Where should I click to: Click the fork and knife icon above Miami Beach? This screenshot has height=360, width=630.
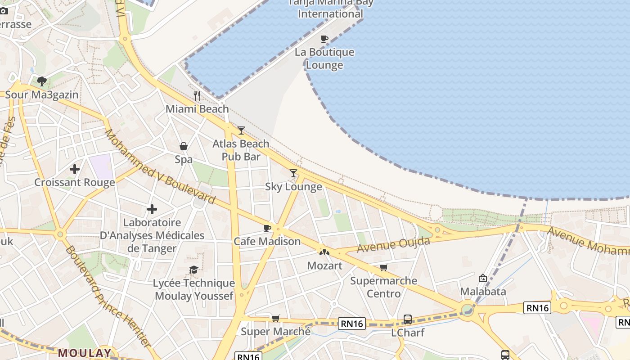coord(197,95)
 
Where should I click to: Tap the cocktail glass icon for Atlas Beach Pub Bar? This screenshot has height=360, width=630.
coord(241,130)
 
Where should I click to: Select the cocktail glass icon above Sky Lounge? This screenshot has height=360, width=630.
coord(293,173)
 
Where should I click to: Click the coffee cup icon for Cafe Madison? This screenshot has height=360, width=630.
coord(267,228)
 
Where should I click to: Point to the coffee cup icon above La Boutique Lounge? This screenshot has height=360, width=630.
coord(324,39)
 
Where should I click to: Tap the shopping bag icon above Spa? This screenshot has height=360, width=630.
coord(184,146)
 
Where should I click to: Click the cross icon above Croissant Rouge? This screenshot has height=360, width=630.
coord(75,169)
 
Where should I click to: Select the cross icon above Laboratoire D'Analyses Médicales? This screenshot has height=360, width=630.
coord(152,209)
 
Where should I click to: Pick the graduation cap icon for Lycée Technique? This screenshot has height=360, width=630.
coord(193,270)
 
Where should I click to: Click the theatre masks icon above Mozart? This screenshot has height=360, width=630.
coord(324,252)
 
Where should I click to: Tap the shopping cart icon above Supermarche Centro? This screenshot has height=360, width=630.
coord(383,268)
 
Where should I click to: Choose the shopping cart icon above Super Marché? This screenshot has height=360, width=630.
coord(275,319)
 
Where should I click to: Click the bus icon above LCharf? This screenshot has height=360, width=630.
coord(408,319)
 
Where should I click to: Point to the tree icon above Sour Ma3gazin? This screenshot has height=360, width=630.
coord(42,81)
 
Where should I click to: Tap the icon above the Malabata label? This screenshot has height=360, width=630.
coord(483,278)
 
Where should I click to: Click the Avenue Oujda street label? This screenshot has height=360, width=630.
coord(393,245)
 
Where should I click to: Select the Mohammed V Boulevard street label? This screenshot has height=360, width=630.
coord(160,166)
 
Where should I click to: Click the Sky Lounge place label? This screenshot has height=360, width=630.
coord(293,187)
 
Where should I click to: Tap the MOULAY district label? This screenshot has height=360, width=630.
coord(84,353)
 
